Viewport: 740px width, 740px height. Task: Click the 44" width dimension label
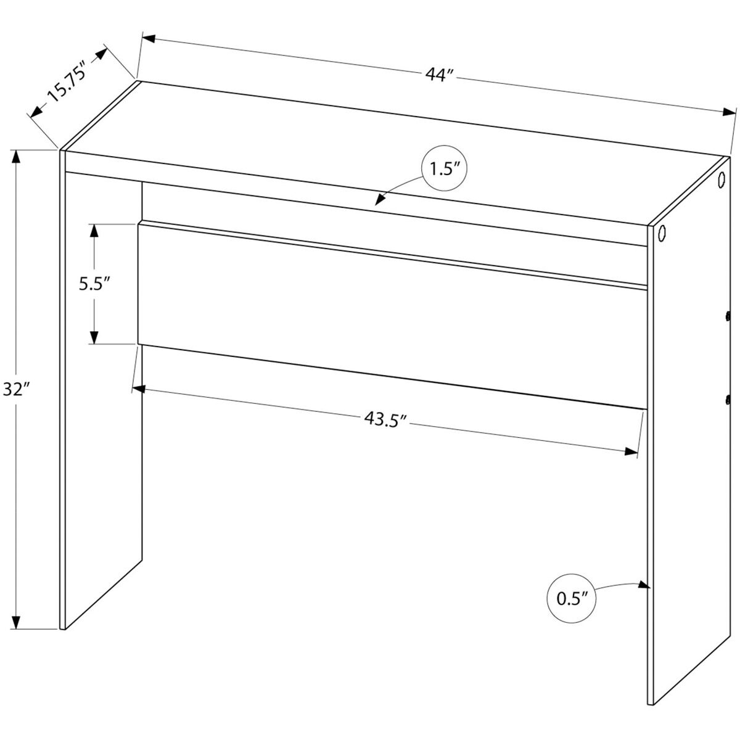(x=440, y=75)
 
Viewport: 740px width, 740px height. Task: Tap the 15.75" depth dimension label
(x=65, y=85)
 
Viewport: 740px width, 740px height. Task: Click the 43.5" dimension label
(x=386, y=419)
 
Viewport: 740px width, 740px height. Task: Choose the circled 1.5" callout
(x=442, y=170)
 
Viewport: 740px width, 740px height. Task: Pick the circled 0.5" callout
(x=570, y=598)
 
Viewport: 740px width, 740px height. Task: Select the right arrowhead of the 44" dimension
(x=730, y=113)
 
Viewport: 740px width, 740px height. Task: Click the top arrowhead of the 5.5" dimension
(x=94, y=230)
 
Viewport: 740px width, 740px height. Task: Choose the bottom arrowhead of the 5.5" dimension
(x=94, y=337)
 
